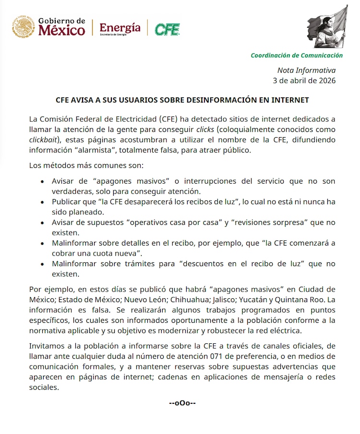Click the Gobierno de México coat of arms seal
tap(23, 27)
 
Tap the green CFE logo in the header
tap(167, 29)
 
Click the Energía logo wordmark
tap(120, 28)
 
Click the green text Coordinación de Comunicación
tap(297, 55)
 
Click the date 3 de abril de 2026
tap(304, 80)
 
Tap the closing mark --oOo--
tap(182, 403)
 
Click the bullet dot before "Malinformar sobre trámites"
tap(43, 264)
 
